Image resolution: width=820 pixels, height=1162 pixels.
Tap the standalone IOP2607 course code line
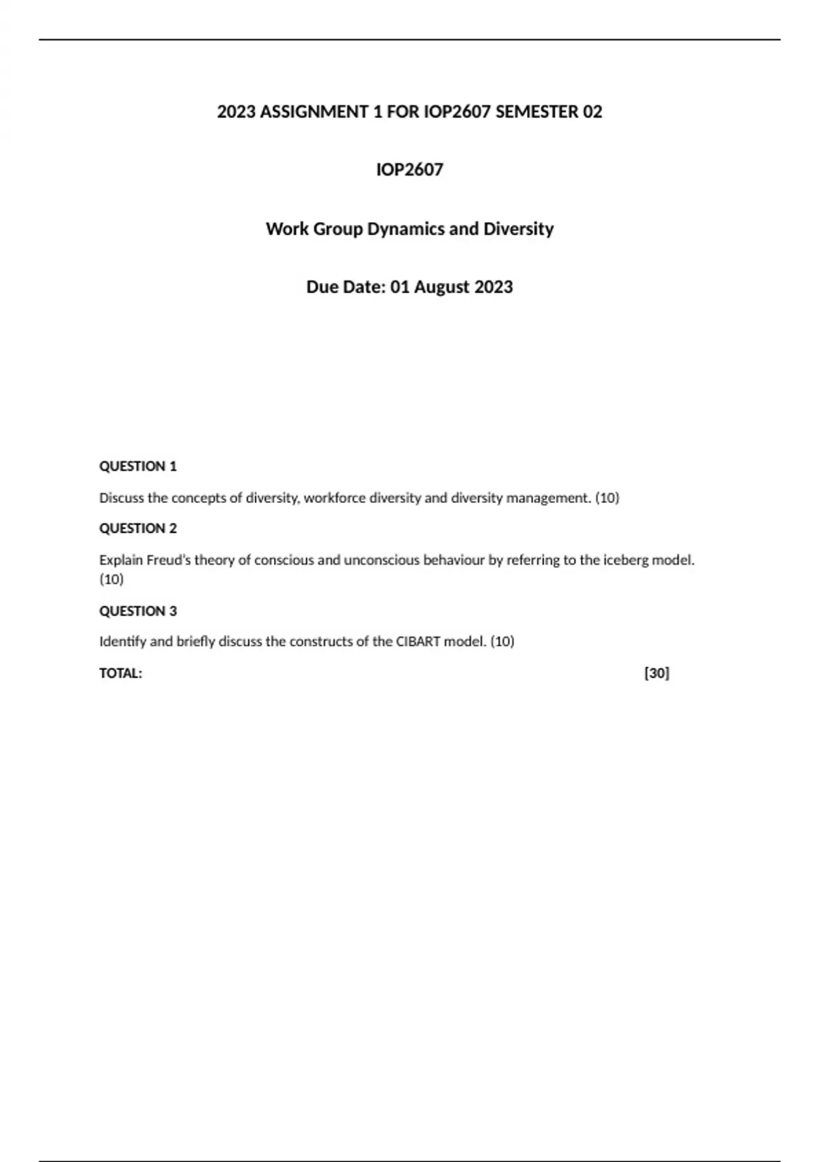(409, 170)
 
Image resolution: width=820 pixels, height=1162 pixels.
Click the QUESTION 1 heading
(138, 466)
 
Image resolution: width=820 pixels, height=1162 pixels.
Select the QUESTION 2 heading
(138, 528)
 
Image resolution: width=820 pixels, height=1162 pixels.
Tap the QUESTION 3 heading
(138, 611)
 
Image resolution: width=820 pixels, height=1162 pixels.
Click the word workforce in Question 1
(335, 498)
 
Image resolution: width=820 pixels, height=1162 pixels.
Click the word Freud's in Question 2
(169, 560)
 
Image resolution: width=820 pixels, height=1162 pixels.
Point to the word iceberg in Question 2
(625, 560)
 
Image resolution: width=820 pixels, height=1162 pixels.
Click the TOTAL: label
(121, 673)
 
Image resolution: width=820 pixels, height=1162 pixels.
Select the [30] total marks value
(657, 673)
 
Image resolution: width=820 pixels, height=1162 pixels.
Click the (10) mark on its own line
(111, 579)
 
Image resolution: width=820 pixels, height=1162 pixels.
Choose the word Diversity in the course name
(519, 228)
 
